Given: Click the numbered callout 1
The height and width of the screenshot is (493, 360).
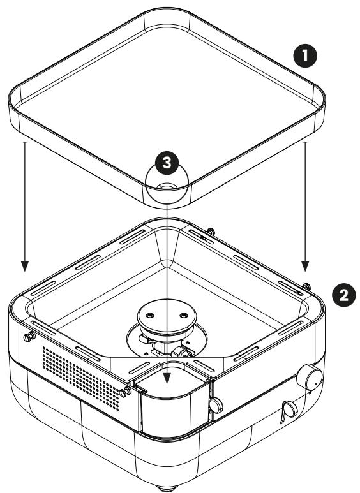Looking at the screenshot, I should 308,55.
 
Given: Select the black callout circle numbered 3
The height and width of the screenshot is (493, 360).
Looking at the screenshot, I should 167,163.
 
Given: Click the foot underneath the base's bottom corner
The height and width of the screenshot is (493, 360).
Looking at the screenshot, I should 165,486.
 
